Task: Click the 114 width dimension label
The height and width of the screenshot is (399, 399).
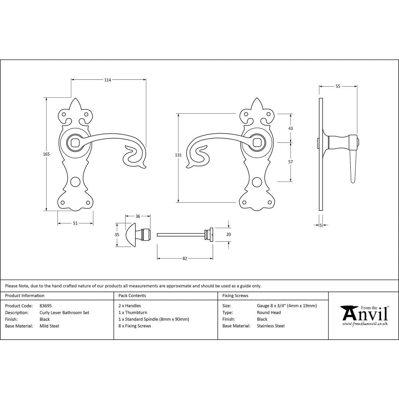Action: (107, 80)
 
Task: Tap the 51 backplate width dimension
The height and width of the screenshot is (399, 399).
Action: (75, 223)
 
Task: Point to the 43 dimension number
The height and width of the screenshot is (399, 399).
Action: (290, 128)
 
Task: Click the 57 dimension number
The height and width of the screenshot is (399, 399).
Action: (290, 162)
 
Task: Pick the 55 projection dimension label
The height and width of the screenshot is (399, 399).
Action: (338, 86)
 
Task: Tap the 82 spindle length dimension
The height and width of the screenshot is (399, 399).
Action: (185, 259)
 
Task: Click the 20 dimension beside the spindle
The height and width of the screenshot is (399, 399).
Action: (228, 235)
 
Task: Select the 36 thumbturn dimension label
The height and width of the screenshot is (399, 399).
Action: (138, 216)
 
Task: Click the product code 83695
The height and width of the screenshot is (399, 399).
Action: (45, 306)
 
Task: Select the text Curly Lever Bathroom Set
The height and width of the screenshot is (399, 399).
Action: (64, 313)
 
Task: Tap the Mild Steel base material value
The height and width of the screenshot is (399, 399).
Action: (49, 326)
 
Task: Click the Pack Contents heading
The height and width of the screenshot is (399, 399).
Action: (132, 296)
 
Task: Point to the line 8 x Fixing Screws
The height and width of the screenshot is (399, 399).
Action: (134, 326)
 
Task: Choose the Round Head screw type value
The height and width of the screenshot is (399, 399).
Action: (269, 313)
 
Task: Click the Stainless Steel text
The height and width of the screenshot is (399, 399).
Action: (271, 326)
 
